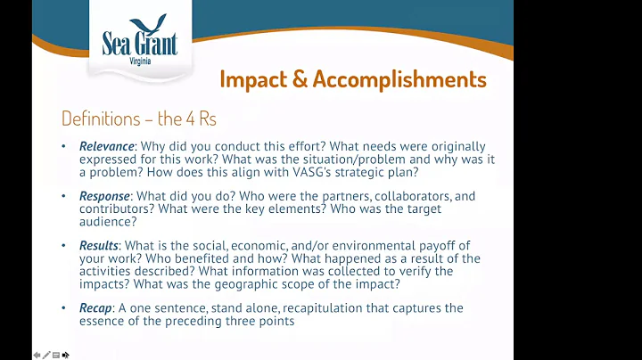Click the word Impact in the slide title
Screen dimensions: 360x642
[254, 79]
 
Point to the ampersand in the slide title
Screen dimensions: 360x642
[300, 79]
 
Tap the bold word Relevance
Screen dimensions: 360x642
[105, 146]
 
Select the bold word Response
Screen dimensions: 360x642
[104, 196]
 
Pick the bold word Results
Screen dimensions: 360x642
[99, 246]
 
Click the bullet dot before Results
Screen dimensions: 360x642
[63, 246]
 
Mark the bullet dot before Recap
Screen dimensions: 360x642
[63, 308]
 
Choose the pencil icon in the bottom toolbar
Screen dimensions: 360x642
[45, 355]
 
